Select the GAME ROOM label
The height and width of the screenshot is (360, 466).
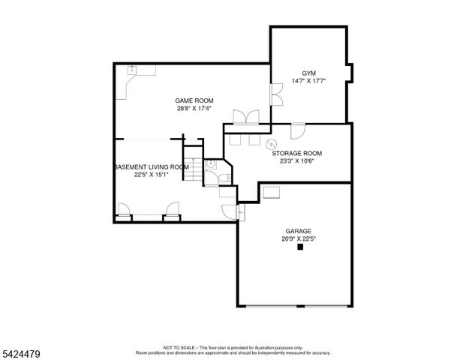click(194, 100)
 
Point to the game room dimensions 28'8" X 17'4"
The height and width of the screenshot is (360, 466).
click(194, 109)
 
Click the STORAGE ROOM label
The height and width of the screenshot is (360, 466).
click(301, 153)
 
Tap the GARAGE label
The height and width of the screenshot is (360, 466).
click(298, 231)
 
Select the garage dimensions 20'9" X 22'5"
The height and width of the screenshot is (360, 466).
click(298, 239)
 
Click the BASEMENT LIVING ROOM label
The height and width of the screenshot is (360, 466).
click(152, 167)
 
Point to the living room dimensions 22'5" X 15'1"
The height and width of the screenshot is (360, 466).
click(152, 175)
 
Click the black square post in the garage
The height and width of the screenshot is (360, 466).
click(301, 248)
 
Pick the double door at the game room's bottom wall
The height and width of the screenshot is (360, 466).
click(246, 117)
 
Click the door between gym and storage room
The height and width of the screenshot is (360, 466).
click(298, 130)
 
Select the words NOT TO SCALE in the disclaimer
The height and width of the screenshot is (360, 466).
click(179, 348)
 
